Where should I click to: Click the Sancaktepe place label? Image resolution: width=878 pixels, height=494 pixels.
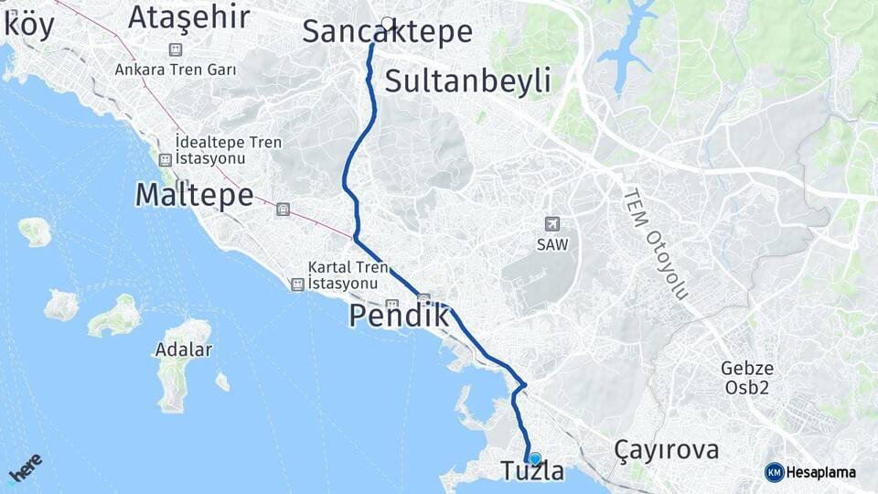[x=387, y=33]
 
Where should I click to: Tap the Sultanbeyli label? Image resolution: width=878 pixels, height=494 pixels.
[x=467, y=81]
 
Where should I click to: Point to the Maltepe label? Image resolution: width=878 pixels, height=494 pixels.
[x=194, y=195]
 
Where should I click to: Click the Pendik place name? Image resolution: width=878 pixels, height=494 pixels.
[x=400, y=317]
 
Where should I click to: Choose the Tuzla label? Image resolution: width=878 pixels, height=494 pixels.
[x=532, y=472]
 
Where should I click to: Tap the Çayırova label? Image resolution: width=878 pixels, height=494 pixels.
[x=666, y=450]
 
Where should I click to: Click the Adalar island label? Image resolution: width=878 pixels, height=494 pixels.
[x=184, y=349]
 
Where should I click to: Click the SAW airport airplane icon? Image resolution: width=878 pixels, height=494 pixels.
[x=551, y=224]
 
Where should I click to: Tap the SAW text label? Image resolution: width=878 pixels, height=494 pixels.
[x=551, y=244]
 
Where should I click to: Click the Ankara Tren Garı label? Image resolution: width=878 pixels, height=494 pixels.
[x=176, y=70]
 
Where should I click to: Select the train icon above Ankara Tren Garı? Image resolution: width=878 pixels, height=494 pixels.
[x=176, y=49]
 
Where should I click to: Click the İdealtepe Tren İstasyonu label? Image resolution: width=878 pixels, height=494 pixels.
[x=229, y=150]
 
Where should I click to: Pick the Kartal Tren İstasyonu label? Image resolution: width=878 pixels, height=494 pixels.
[x=343, y=275]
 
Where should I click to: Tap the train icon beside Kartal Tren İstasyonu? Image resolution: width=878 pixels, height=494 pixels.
[x=297, y=285]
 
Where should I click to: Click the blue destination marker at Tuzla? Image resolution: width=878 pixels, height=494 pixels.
[x=535, y=458]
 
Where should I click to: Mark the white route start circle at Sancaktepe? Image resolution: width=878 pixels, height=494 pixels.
[x=388, y=23]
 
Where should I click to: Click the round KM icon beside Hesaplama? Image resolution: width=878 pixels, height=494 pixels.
[x=774, y=472]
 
